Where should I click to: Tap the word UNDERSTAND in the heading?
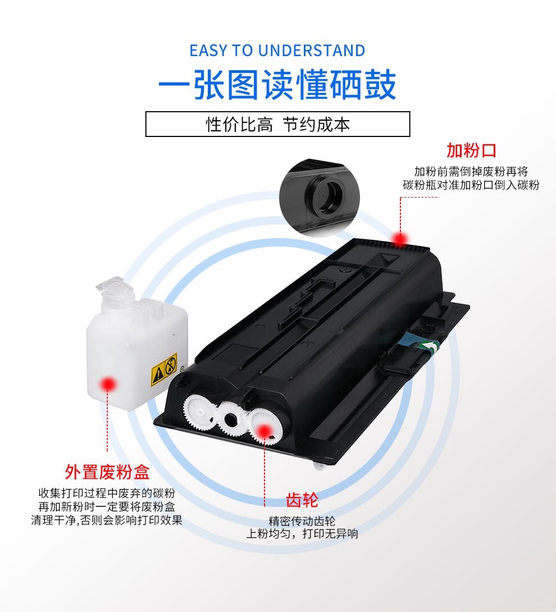point(312,51)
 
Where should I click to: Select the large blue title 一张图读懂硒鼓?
point(277,85)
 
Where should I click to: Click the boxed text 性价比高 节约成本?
point(277,125)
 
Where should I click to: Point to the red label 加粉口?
point(471,150)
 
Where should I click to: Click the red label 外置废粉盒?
point(107,472)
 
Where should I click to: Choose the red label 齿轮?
point(302,500)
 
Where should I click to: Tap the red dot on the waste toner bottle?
point(108,385)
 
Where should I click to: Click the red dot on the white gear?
point(265,431)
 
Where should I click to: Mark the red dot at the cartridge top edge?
point(400,238)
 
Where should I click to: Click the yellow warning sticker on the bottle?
point(165,369)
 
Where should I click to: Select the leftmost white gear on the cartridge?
point(199,413)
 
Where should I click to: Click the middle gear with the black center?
point(231,419)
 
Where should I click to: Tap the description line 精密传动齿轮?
point(302,520)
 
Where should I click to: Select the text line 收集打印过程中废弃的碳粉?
point(107,493)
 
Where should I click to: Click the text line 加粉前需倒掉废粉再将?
point(471,171)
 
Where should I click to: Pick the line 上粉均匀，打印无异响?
point(302,533)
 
